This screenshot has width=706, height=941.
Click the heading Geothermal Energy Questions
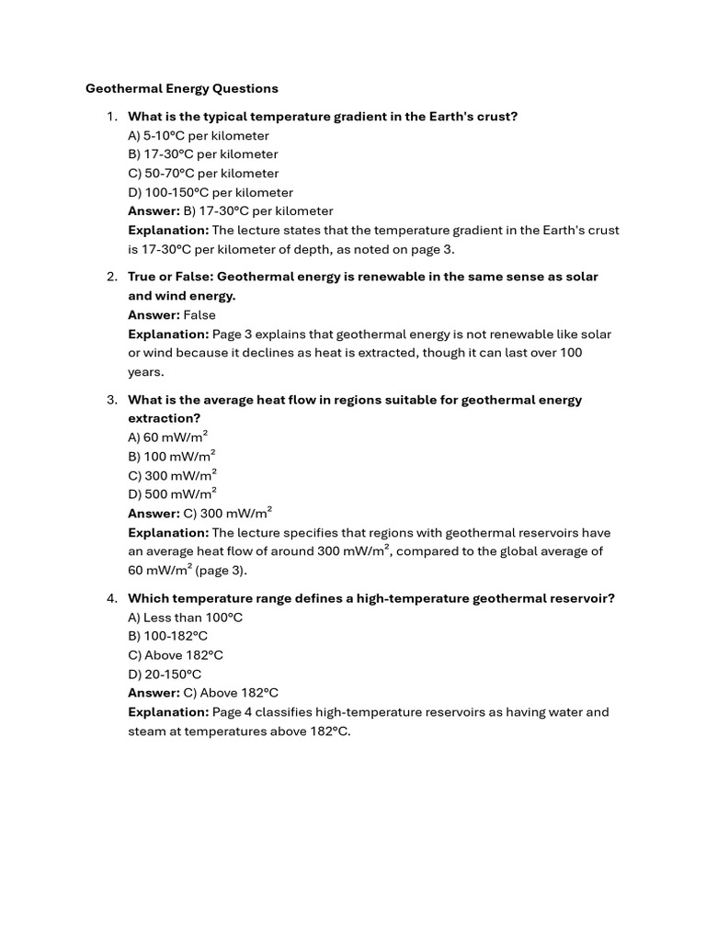(x=182, y=89)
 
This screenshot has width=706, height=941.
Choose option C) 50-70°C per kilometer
(x=203, y=174)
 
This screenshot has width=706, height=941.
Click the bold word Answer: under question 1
(x=154, y=211)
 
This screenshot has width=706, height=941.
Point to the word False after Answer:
(x=199, y=315)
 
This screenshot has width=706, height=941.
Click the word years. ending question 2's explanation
(x=145, y=372)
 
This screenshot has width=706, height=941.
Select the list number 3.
(x=110, y=400)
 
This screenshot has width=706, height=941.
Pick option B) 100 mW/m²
(x=172, y=456)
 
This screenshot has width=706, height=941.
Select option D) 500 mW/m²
(x=173, y=493)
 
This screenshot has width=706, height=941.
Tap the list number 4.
(x=110, y=598)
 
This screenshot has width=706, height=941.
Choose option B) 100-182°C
(x=168, y=636)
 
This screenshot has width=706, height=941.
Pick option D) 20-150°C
(x=165, y=675)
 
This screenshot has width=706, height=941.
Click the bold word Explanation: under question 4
(x=169, y=712)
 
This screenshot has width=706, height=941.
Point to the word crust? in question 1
(x=496, y=117)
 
